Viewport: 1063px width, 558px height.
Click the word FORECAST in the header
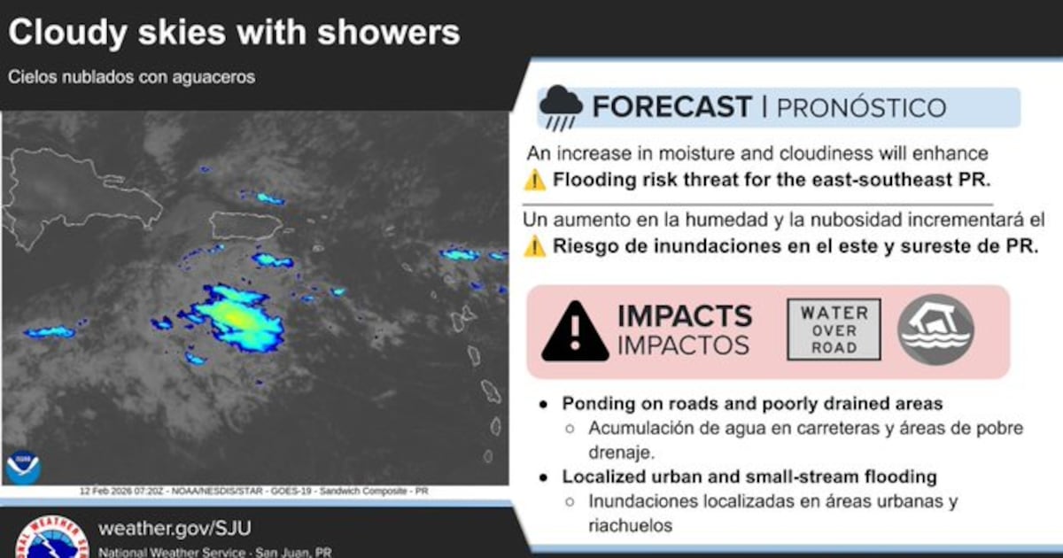tap(672, 107)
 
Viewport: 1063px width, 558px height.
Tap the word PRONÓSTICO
tap(861, 108)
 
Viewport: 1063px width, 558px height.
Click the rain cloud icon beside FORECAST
tap(561, 108)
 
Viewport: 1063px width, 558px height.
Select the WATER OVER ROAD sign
tap(834, 329)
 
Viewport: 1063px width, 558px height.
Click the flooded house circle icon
tap(935, 329)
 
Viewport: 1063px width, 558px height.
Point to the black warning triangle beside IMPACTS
tap(575, 331)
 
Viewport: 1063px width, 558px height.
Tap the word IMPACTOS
tap(683, 345)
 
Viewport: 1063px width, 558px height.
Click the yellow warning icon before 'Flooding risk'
tap(535, 181)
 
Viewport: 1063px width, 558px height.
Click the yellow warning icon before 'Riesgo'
tap(535, 246)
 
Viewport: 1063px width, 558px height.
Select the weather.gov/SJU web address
tap(175, 528)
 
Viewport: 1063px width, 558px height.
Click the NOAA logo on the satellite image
tap(23, 468)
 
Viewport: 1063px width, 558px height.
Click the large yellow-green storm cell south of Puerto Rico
tap(235, 318)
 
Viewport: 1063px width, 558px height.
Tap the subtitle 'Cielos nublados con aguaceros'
tap(131, 77)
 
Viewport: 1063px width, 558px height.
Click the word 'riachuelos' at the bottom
tap(630, 525)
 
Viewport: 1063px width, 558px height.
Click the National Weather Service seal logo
tap(52, 537)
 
